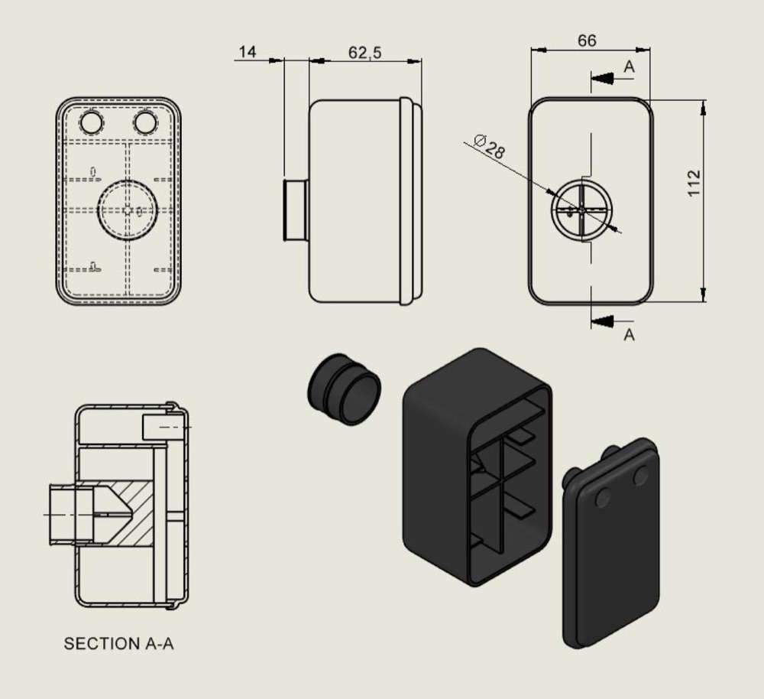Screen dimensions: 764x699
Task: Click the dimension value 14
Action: (248, 52)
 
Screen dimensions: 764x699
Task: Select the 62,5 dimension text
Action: (365, 53)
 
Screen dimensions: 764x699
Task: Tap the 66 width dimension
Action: (587, 41)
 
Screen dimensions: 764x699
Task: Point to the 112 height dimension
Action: (694, 184)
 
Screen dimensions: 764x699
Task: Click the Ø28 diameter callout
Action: (489, 146)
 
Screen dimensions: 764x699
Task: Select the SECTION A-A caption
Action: (118, 644)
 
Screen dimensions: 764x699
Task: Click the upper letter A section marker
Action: (629, 67)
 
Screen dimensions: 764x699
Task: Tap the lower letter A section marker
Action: (629, 335)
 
